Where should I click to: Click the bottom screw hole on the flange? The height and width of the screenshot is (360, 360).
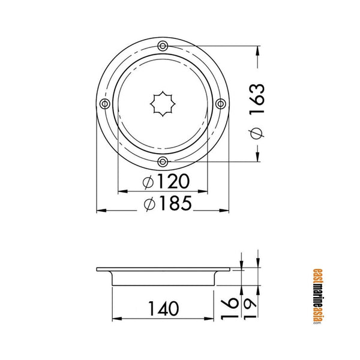163,161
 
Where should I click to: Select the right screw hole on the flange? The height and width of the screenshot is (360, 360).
220,104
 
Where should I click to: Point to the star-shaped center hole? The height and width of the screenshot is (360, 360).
163,104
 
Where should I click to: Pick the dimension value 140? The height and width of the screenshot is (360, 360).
163,308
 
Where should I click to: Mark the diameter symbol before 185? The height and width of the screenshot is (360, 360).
149,204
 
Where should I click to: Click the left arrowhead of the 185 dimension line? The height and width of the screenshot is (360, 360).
100,211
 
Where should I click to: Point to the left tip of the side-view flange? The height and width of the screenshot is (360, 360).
97,270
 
